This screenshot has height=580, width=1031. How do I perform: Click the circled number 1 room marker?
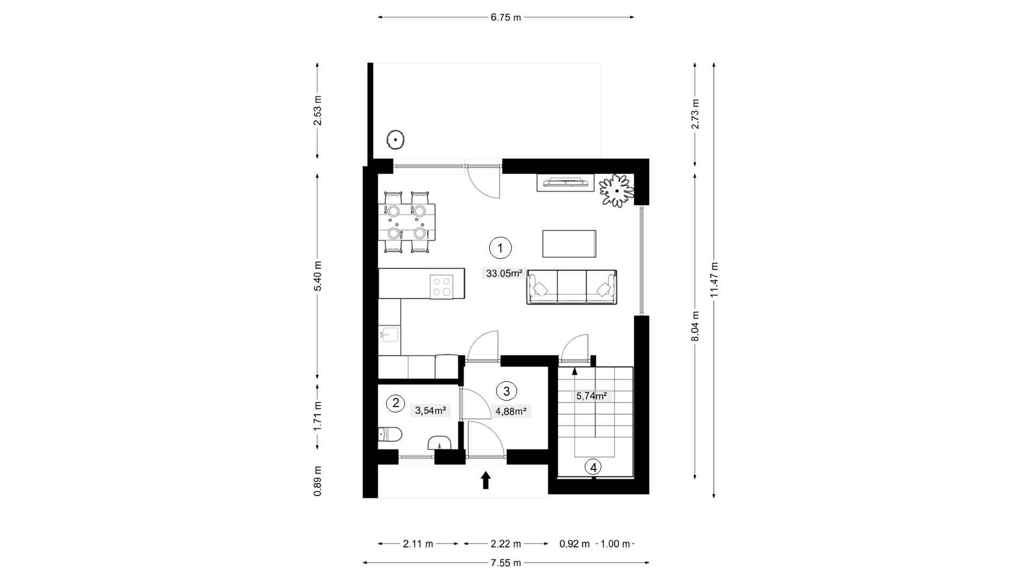(x=500, y=248)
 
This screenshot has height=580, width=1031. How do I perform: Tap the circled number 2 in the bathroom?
(x=396, y=403)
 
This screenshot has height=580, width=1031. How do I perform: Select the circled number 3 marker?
(x=506, y=391)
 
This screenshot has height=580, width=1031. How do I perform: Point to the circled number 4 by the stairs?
(x=593, y=467)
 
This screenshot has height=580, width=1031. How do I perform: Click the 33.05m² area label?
(x=504, y=273)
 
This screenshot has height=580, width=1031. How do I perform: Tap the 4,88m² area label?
(x=511, y=411)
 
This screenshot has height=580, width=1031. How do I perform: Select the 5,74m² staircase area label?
(x=592, y=396)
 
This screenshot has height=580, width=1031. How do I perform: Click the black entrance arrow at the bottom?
(x=486, y=480)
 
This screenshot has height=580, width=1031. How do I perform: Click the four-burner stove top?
(x=442, y=286)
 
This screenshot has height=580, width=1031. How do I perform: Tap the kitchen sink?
(x=389, y=334)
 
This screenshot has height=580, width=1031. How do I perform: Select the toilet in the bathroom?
(x=389, y=434)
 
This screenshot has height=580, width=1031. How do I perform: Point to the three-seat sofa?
(x=572, y=287)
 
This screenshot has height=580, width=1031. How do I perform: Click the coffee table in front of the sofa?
(x=569, y=244)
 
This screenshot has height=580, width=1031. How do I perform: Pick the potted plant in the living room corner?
(x=616, y=191)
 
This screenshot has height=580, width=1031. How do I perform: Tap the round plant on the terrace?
(x=396, y=140)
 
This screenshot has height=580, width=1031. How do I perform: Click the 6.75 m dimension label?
(x=506, y=17)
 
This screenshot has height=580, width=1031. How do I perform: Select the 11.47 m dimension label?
(x=714, y=280)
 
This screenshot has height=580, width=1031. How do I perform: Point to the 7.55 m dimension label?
(x=506, y=563)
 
